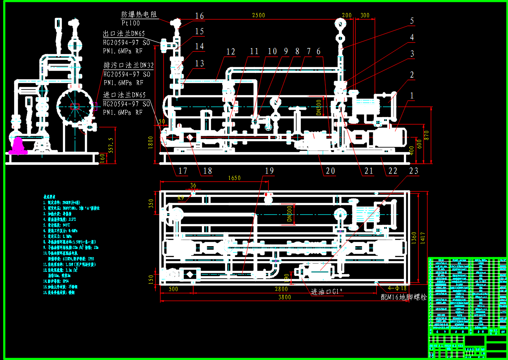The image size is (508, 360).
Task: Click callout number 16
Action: point(199,16)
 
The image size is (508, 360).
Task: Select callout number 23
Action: point(413,171)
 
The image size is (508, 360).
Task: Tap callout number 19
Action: point(269,171)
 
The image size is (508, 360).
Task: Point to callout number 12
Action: point(231,52)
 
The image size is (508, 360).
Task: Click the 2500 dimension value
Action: point(258,15)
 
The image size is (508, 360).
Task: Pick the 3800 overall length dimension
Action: point(284,297)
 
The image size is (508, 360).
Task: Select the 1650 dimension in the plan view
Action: point(234,178)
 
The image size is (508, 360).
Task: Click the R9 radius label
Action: point(181,198)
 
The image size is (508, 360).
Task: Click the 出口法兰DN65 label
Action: point(124,34)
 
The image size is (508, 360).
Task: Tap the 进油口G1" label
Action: point(327,292)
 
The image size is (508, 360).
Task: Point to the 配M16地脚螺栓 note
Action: point(404,297)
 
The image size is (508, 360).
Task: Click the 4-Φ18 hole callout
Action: point(397,288)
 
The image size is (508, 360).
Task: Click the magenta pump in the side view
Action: point(18,146)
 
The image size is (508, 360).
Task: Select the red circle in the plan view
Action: point(268,199)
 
